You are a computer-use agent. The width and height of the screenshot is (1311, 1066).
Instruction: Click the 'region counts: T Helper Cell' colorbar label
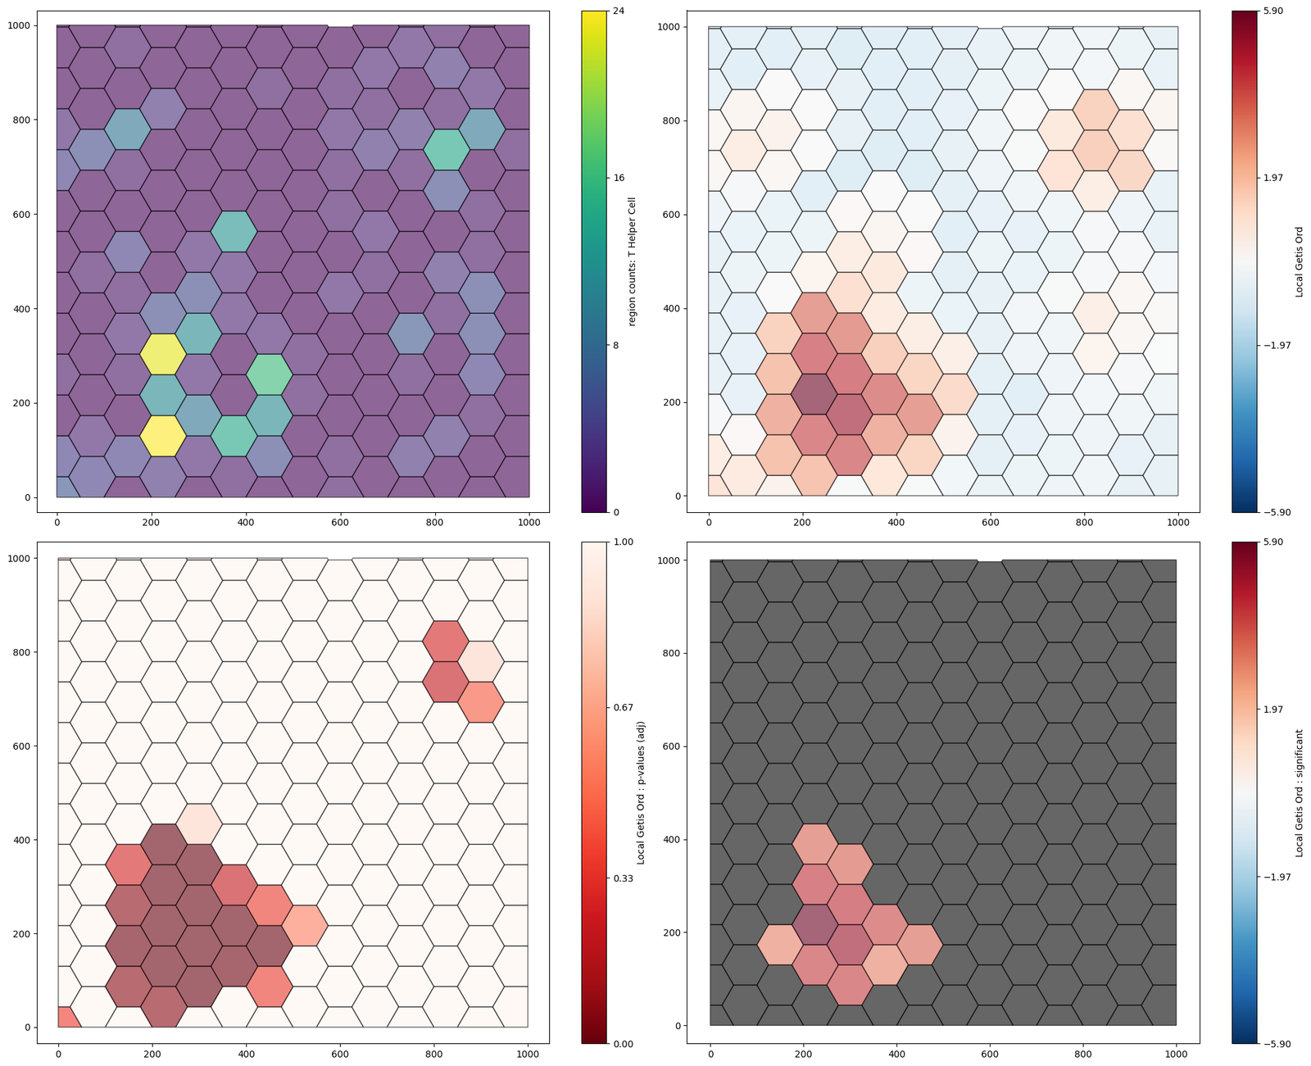click(x=632, y=261)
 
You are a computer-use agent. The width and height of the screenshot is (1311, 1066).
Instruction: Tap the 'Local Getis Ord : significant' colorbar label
click(x=1300, y=792)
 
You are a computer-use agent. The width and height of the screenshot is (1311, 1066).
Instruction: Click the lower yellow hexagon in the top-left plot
click(x=162, y=435)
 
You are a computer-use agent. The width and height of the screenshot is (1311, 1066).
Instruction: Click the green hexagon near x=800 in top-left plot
click(x=447, y=150)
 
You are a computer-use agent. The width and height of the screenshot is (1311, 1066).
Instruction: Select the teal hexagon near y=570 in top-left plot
click(x=234, y=231)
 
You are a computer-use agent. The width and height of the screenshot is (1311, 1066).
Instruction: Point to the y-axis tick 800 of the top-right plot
click(x=673, y=121)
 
